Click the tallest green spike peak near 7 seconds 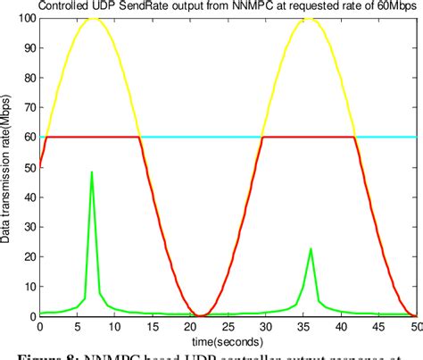tap(92, 172)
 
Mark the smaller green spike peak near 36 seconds tap(311, 248)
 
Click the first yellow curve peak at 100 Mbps tap(92, 18)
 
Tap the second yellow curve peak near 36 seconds tap(310, 18)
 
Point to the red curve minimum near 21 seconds tap(203, 314)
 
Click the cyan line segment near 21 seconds tap(203, 137)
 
